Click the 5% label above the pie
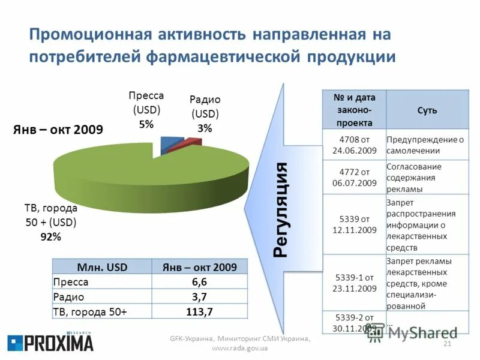(146, 125)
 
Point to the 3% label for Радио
(205, 128)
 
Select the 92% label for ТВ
(50, 236)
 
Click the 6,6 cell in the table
(199, 282)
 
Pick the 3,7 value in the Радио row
(199, 296)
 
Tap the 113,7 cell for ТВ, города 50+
(199, 311)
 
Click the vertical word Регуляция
(282, 209)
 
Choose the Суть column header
(427, 110)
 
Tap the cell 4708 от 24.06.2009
(354, 145)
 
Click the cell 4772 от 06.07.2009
(354, 177)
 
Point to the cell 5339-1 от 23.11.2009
(354, 283)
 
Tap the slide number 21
(446, 343)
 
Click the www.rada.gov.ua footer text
(239, 348)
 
